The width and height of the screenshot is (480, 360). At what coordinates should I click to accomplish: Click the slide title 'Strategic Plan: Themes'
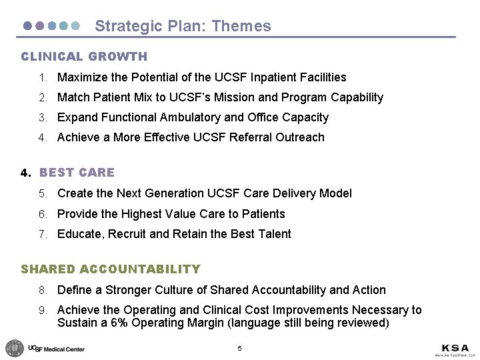(x=183, y=26)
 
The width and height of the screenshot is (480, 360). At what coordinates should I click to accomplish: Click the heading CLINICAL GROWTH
(x=84, y=57)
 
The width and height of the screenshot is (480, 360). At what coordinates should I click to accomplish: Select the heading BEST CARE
(x=77, y=173)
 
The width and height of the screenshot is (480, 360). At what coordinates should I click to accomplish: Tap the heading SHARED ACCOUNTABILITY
(x=111, y=269)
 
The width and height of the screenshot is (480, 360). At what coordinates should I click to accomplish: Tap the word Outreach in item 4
(x=301, y=137)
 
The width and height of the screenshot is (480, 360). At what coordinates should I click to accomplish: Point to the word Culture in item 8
(x=185, y=290)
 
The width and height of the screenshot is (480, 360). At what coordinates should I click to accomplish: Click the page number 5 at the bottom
(x=239, y=349)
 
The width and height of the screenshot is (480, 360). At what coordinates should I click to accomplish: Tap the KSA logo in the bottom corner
(x=455, y=349)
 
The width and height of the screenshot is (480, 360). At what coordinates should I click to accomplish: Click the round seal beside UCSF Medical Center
(x=14, y=348)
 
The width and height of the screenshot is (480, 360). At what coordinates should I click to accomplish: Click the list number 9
(x=42, y=310)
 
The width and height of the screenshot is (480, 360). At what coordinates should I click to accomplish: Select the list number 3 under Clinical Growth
(x=42, y=117)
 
